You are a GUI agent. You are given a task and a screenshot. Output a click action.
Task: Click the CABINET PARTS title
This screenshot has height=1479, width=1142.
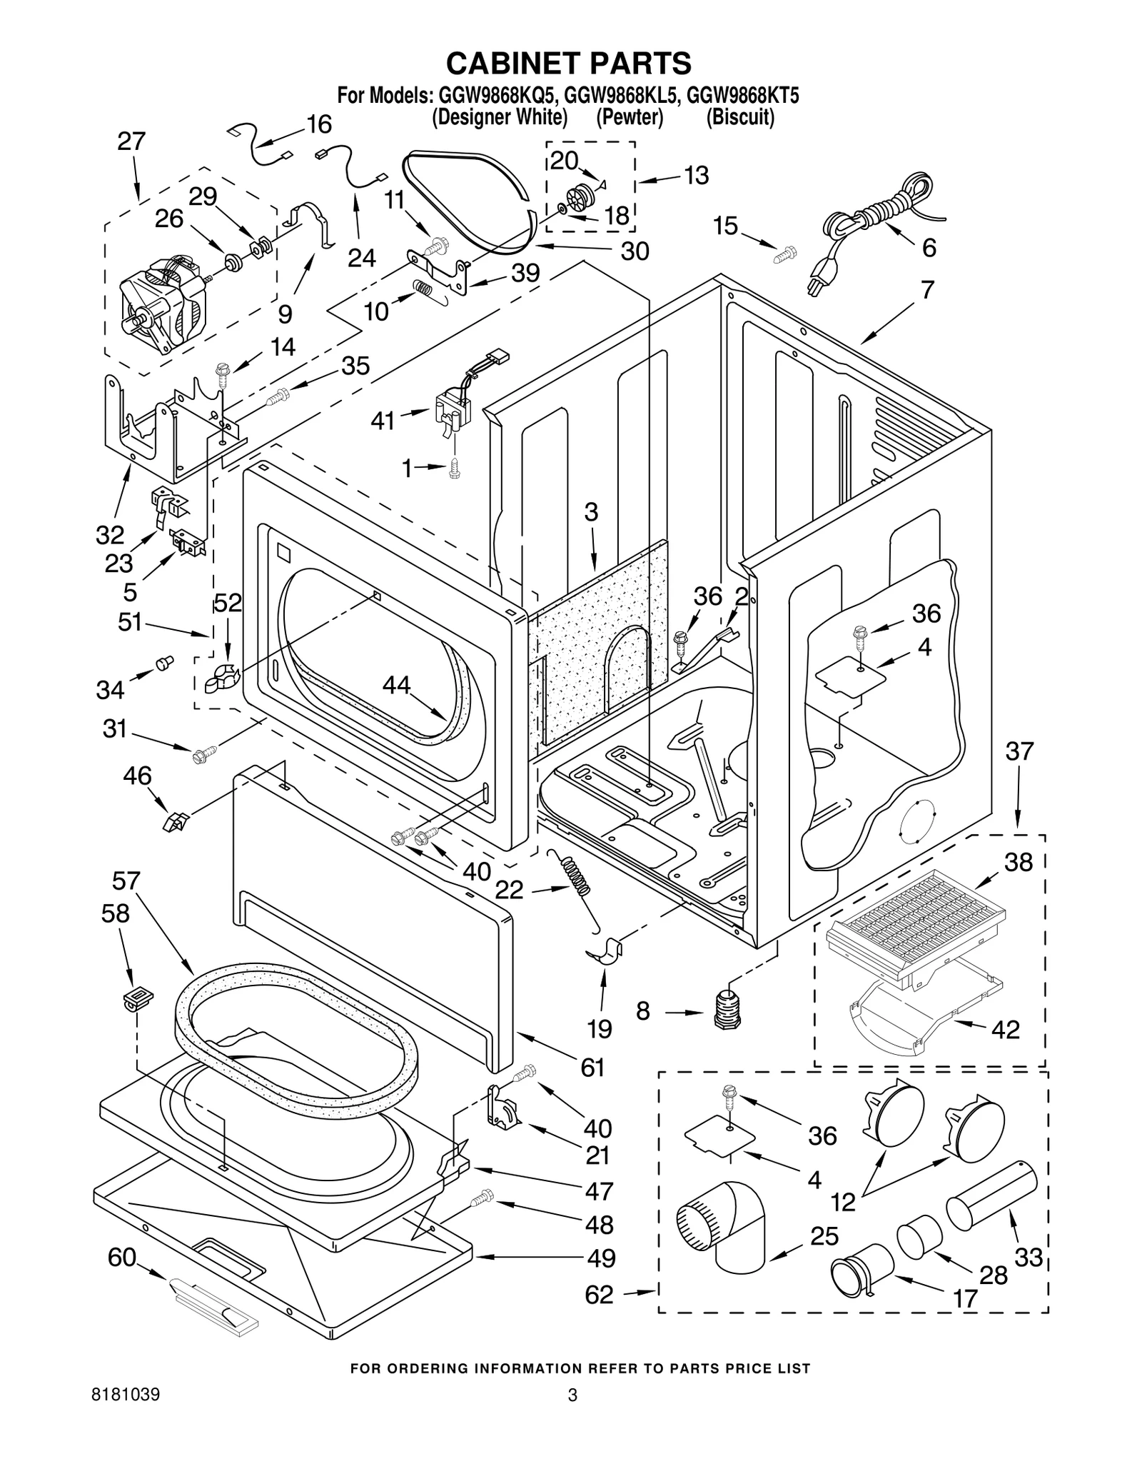[x=569, y=63]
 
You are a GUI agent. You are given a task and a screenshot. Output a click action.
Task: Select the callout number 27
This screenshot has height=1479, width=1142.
[x=131, y=141]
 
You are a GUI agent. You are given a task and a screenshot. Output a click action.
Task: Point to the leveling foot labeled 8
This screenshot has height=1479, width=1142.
[x=726, y=1010]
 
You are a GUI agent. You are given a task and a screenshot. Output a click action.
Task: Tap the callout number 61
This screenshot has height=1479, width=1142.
[x=592, y=1068]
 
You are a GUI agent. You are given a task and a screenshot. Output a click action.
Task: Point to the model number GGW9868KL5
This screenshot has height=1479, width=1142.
[x=620, y=96]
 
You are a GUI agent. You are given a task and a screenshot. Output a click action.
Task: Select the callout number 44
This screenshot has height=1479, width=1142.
[x=396, y=685]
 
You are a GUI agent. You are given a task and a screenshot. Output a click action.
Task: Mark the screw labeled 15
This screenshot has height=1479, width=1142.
[x=786, y=254]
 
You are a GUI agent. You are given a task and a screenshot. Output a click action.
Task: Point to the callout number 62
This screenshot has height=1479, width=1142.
[x=599, y=1295]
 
